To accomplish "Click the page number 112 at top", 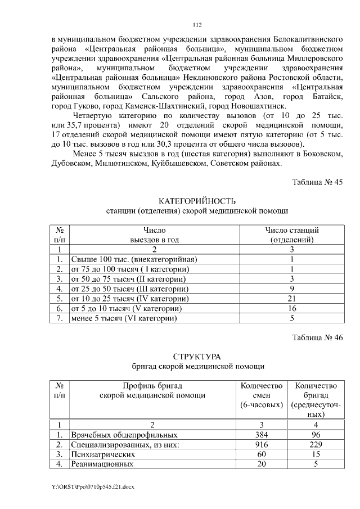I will [197, 25].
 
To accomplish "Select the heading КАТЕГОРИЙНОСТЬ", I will [197, 201].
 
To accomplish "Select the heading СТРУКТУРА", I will [197, 357].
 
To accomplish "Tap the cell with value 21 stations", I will [292, 298].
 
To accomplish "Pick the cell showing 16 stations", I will [292, 308].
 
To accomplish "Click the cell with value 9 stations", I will [292, 289].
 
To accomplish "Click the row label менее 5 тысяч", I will [123, 318].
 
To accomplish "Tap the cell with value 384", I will [261, 435].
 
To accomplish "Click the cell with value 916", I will [261, 445].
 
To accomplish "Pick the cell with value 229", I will [316, 445].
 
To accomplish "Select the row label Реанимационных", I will [102, 465].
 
